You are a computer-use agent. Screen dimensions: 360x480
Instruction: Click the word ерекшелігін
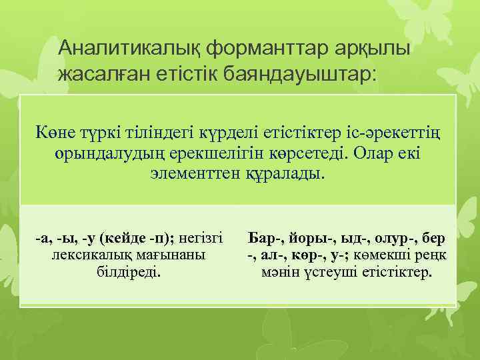coord(208,153)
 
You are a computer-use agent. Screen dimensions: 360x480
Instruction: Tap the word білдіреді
coord(130,272)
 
